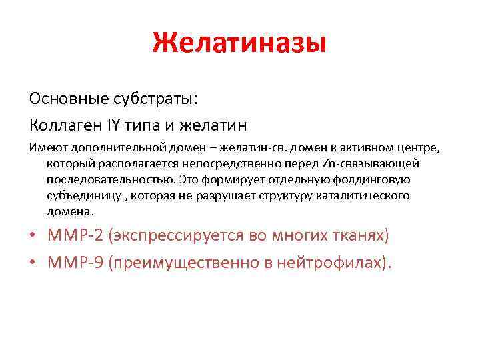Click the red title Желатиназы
[239, 43]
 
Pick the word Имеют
[45, 147]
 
